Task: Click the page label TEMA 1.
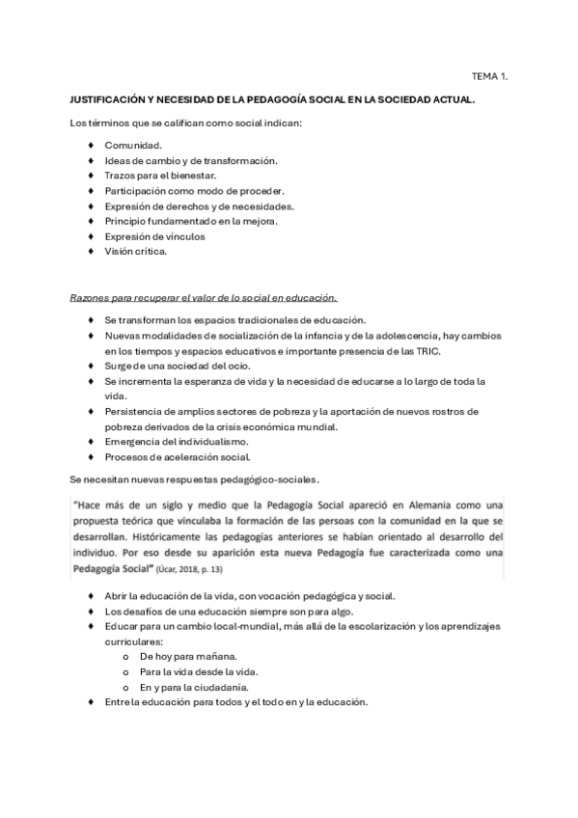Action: pos(488,74)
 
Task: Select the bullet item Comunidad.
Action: pos(133,145)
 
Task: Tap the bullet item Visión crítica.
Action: pos(136,251)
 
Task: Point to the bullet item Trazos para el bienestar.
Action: pos(160,176)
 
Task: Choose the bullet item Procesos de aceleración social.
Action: pos(177,456)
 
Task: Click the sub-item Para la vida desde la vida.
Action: pos(192,671)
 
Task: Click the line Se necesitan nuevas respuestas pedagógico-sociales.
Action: pos(202,478)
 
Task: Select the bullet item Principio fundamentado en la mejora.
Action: pos(190,221)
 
